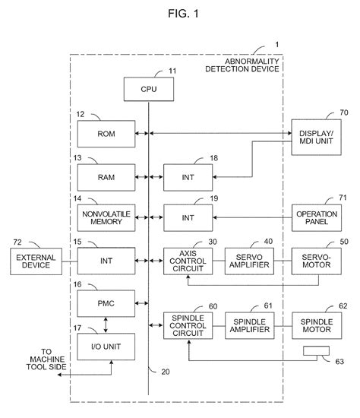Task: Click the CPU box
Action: click(x=148, y=90)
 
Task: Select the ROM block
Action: click(x=105, y=134)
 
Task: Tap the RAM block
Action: click(x=105, y=177)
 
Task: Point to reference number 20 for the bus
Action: click(x=166, y=371)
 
